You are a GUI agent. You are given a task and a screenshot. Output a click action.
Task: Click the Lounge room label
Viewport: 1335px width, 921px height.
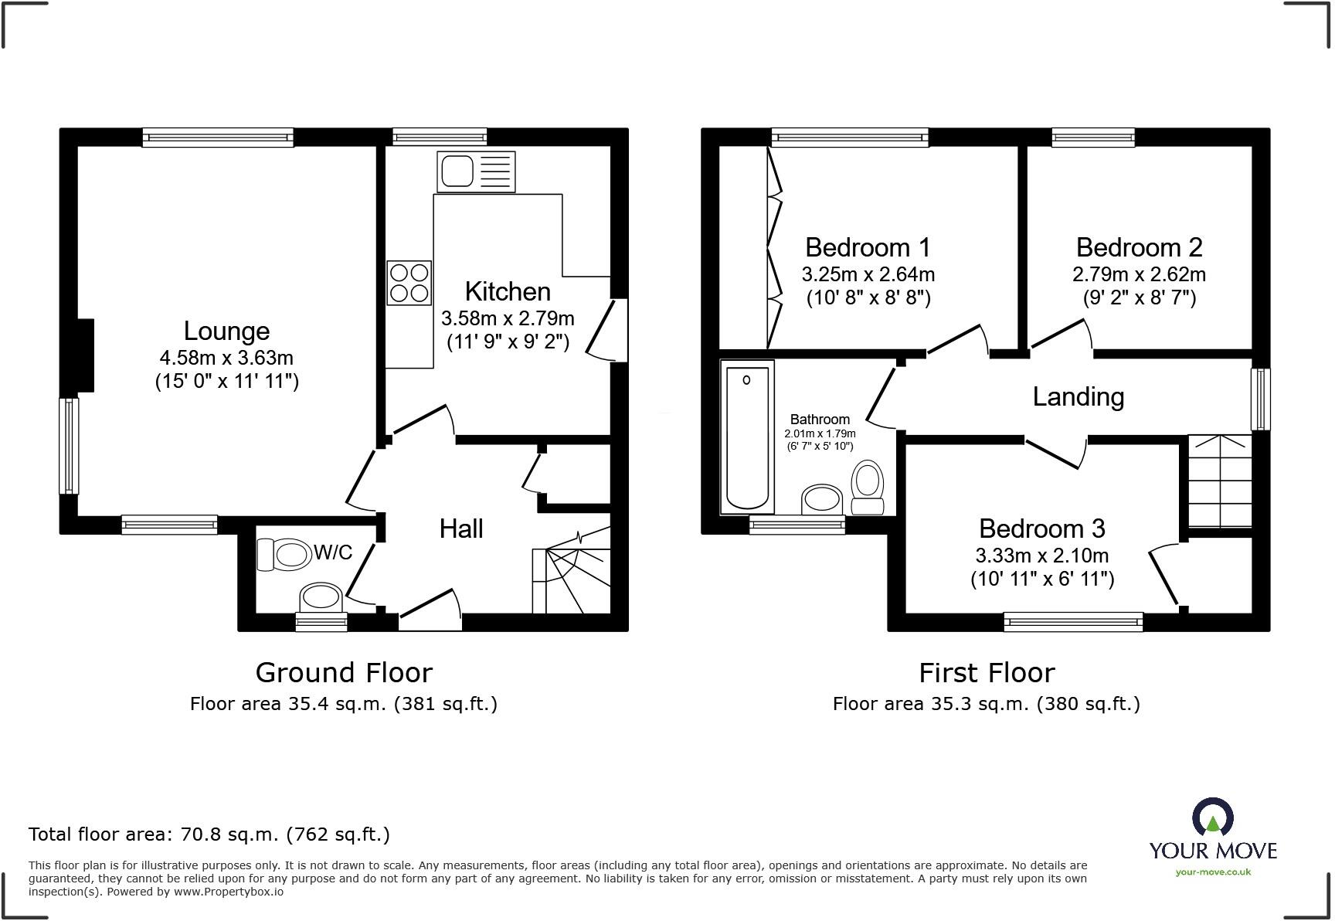tap(226, 331)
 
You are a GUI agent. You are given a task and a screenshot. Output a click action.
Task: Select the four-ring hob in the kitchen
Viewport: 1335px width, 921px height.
tap(409, 283)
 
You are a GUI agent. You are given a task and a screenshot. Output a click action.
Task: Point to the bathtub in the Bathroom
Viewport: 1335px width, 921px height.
tap(747, 437)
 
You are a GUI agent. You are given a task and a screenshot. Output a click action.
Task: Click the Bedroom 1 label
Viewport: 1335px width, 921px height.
tap(868, 247)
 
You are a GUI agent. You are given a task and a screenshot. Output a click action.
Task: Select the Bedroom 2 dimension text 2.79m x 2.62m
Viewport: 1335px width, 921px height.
tap(1139, 274)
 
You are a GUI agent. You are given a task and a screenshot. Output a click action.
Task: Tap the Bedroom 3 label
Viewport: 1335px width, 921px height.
tap(1041, 528)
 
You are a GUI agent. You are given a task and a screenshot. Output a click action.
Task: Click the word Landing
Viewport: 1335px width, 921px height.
tap(1078, 396)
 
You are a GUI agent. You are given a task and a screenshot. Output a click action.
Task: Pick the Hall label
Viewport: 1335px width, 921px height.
tap(461, 528)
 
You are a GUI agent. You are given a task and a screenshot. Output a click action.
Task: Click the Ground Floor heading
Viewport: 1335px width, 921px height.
tap(344, 672)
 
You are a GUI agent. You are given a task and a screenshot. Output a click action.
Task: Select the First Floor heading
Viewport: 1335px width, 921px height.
tap(987, 672)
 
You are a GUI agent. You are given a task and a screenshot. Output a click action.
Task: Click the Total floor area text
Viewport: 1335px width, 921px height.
tap(209, 834)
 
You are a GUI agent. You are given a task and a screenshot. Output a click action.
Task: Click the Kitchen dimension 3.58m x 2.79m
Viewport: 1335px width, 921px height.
tap(508, 318)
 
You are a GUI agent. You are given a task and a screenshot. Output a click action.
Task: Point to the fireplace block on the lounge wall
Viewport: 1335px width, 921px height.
tap(85, 355)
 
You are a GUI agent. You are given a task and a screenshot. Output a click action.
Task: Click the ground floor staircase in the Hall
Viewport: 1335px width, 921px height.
tap(572, 572)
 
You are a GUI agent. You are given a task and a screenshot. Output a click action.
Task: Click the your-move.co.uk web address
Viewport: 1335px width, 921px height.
tap(1213, 872)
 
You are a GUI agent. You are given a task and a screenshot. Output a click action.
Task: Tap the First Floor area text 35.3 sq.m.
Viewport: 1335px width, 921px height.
tap(986, 704)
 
